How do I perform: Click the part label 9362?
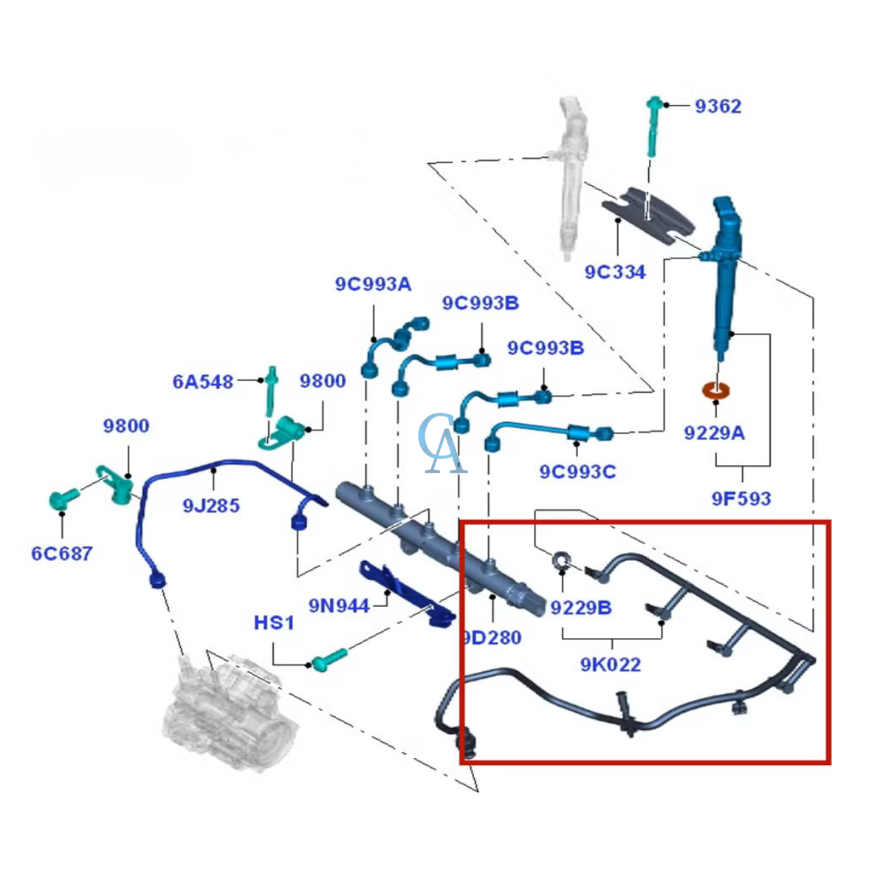pyautogui.click(x=718, y=106)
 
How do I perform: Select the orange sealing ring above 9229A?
pyautogui.click(x=716, y=391)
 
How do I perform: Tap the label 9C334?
pyautogui.click(x=615, y=272)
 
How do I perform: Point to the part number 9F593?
pyautogui.click(x=741, y=498)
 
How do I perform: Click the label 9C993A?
pyautogui.click(x=373, y=284)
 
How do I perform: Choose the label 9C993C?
pyautogui.click(x=577, y=472)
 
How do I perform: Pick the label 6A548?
pyautogui.click(x=203, y=382)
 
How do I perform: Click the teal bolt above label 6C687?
pyautogui.click(x=64, y=499)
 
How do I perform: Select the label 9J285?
pyautogui.click(x=211, y=506)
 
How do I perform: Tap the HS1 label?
pyautogui.click(x=274, y=623)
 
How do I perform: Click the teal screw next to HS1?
pyautogui.click(x=329, y=660)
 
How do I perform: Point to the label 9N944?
pyautogui.click(x=339, y=606)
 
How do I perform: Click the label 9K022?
pyautogui.click(x=610, y=664)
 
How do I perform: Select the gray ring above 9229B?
pyautogui.click(x=562, y=560)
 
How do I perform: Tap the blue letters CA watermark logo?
pyautogui.click(x=442, y=444)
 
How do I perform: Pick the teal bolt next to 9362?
pyautogui.click(x=653, y=126)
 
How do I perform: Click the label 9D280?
pyautogui.click(x=492, y=637)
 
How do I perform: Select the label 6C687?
pyautogui.click(x=62, y=554)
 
